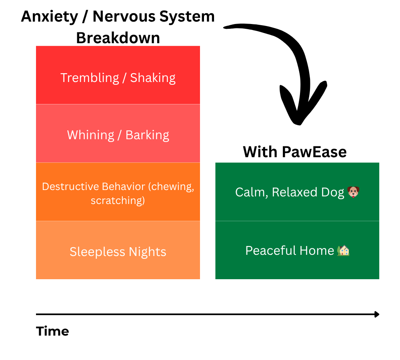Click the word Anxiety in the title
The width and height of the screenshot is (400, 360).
pos(50,17)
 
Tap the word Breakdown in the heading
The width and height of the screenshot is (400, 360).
pos(118,38)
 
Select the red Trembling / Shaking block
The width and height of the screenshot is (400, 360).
pos(118,75)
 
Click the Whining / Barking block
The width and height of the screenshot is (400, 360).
pos(118,133)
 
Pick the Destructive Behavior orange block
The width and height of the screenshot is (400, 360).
pos(118,192)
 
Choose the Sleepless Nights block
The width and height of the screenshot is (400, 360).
pos(118,250)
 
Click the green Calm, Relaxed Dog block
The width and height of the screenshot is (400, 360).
pos(297,192)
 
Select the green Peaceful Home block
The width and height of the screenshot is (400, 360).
pos(297,250)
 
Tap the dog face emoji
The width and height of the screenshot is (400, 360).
pos(353,192)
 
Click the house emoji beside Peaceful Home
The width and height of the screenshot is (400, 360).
pos(343,250)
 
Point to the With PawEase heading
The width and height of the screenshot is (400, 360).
pos(295,152)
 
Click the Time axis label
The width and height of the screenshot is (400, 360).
pos(52,331)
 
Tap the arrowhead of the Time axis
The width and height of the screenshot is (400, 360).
pos(377,314)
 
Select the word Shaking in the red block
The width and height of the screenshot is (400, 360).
pos(153,78)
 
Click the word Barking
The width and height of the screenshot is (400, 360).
pos(147,135)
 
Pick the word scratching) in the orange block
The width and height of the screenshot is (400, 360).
pos(118,200)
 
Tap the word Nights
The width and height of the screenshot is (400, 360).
pos(148,252)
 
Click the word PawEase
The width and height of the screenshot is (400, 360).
pos(314,152)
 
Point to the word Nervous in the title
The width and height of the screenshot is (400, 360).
pos(124,17)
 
